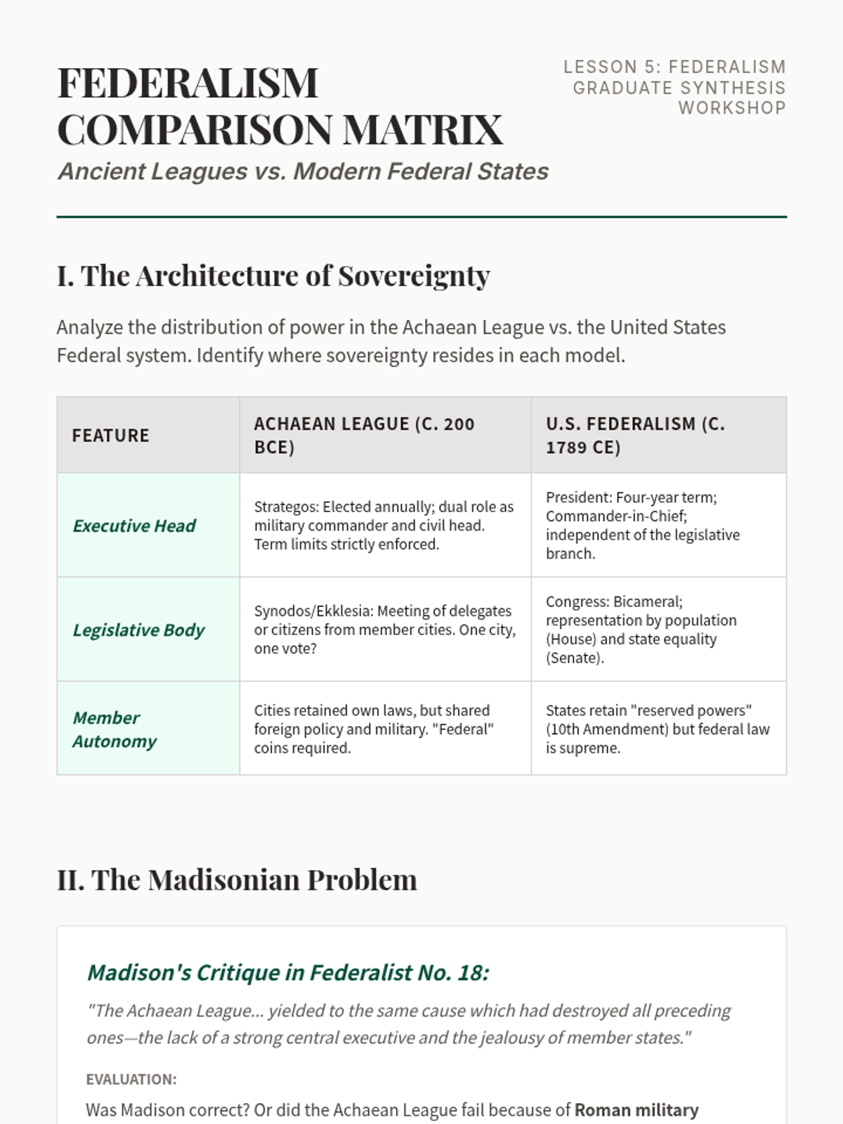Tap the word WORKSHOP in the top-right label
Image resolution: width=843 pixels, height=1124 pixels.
pos(731,108)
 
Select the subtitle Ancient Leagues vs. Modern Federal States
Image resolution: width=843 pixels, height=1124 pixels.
pos(303,171)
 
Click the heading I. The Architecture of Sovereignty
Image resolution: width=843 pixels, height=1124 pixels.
pos(273,276)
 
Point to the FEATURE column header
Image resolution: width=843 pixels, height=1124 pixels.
pos(111,436)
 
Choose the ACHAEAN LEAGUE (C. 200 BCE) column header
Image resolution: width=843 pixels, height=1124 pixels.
pos(364,436)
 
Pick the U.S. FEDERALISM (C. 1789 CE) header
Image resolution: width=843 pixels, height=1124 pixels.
pos(635,436)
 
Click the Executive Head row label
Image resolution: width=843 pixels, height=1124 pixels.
pos(134,526)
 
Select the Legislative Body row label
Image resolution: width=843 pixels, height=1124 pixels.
pos(138,630)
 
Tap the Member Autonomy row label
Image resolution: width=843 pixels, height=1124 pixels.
pos(115,729)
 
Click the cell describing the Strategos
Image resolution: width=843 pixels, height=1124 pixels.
pos(384,525)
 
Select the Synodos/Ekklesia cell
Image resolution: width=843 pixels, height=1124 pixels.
pos(384,629)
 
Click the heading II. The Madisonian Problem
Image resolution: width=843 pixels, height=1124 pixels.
pos(237,880)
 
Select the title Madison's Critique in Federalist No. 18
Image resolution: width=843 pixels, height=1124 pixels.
pos(288,973)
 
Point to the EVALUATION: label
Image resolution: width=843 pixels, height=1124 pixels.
pos(131,1080)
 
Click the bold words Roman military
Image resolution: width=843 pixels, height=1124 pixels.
pos(636,1110)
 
